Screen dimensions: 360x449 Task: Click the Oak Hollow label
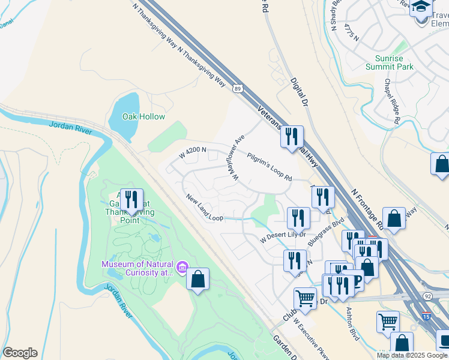(143, 116)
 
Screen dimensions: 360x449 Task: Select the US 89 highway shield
(238, 88)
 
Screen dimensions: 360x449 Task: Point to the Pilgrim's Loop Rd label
(270, 166)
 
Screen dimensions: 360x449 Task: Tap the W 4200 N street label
(193, 152)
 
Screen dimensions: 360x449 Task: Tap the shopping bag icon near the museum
(197, 279)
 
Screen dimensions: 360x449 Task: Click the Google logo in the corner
(20, 353)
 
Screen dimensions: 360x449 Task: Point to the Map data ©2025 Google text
(412, 355)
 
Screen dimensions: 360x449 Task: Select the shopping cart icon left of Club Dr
(306, 298)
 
